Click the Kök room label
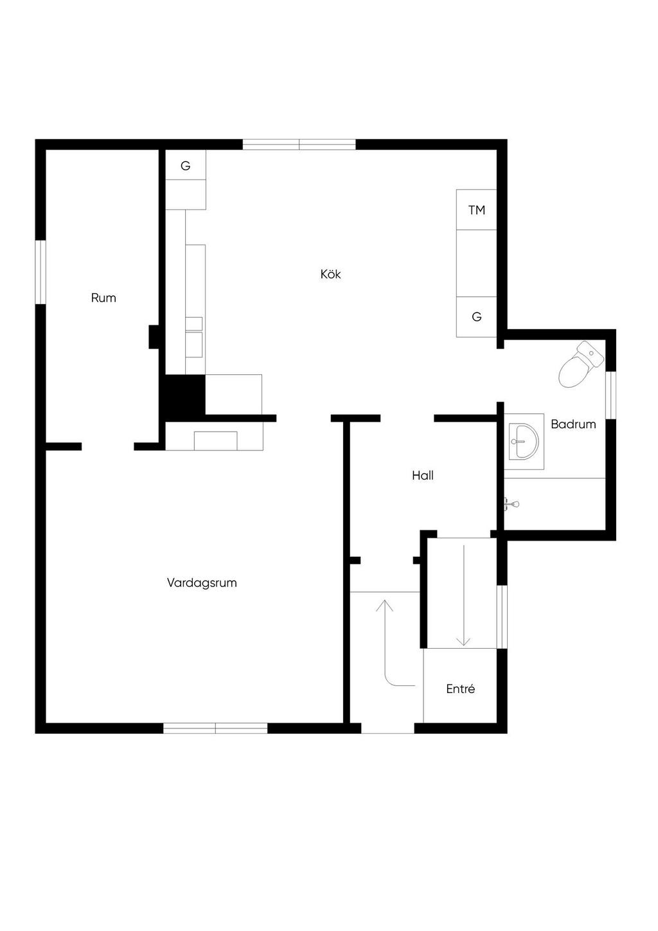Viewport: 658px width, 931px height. click(x=330, y=275)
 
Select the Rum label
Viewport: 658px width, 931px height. click(x=103, y=298)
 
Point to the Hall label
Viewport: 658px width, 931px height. click(x=423, y=476)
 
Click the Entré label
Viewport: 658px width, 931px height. click(x=460, y=689)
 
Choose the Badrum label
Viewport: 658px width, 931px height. click(x=573, y=424)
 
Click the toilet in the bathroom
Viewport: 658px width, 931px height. click(x=580, y=365)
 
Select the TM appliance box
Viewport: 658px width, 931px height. click(x=476, y=210)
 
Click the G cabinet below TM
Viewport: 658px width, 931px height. click(x=476, y=317)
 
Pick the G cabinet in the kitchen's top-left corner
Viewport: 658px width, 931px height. click(x=186, y=166)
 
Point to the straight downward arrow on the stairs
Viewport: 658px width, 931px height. click(x=463, y=595)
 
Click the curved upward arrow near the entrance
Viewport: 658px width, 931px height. click(x=389, y=643)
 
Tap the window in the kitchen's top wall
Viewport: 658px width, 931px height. click(x=299, y=145)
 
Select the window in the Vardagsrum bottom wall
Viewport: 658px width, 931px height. click(x=215, y=728)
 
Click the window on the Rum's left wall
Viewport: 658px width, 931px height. click(x=40, y=271)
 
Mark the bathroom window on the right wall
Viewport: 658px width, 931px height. click(x=611, y=395)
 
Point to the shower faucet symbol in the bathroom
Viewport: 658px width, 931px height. click(x=511, y=503)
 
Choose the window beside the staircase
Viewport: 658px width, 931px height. click(x=502, y=617)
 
